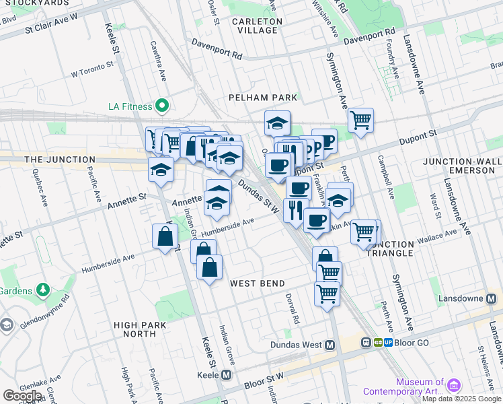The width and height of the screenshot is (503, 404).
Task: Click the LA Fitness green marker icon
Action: (x=162, y=106)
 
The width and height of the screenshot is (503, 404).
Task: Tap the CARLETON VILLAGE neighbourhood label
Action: (x=256, y=26)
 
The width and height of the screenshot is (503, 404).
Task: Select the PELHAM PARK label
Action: (x=262, y=98)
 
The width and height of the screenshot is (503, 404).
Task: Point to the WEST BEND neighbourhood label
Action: (x=258, y=283)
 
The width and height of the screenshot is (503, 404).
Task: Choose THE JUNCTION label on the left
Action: (x=59, y=160)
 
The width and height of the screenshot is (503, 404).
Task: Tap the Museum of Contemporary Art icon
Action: (x=455, y=385)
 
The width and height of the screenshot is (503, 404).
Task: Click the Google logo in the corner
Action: (x=22, y=395)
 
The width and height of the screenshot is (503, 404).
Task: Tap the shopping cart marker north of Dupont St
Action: (x=361, y=121)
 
